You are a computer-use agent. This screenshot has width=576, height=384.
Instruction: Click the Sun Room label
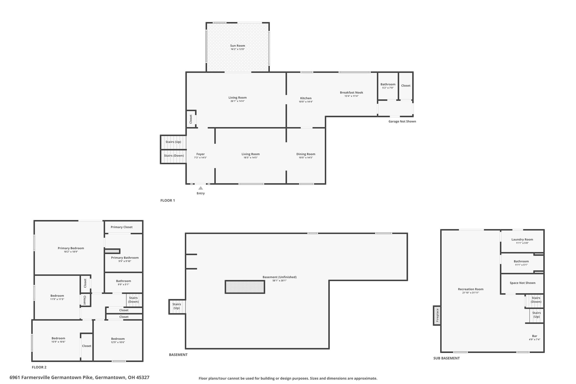pos(238,46)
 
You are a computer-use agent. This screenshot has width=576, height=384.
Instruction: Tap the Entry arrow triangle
pos(201,188)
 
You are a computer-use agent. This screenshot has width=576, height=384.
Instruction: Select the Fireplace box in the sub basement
pos(437,316)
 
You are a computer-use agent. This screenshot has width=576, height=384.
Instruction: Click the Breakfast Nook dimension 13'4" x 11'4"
pos(351,96)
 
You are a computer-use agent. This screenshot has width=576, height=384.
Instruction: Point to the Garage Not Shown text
pos(402,122)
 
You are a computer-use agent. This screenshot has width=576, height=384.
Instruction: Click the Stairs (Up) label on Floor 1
pos(173,142)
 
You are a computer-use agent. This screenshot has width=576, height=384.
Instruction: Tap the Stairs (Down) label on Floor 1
pos(174,156)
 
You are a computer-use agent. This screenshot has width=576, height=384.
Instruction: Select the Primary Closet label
pos(121,227)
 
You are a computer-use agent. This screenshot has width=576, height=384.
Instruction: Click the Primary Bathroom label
pos(125,258)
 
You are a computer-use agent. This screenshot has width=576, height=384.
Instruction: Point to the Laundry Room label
pos(522,240)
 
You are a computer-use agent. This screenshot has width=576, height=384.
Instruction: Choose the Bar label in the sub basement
pos(535,336)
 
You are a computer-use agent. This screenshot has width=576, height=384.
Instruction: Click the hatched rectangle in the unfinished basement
pos(245,287)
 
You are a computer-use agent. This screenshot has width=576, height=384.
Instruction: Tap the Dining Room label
pos(306,154)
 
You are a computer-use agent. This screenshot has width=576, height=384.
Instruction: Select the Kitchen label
pos(306,98)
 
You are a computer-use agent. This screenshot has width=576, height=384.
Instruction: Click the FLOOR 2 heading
pos(39,367)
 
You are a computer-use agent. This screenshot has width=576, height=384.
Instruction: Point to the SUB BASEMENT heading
pos(446,358)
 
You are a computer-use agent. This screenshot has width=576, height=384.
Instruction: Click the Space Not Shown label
pos(523,283)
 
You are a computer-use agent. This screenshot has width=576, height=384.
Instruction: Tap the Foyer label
pos(201,154)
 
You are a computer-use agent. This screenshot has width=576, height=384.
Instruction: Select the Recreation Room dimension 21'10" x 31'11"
pos(471,293)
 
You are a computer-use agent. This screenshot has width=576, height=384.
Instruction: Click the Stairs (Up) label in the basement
pos(177,306)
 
